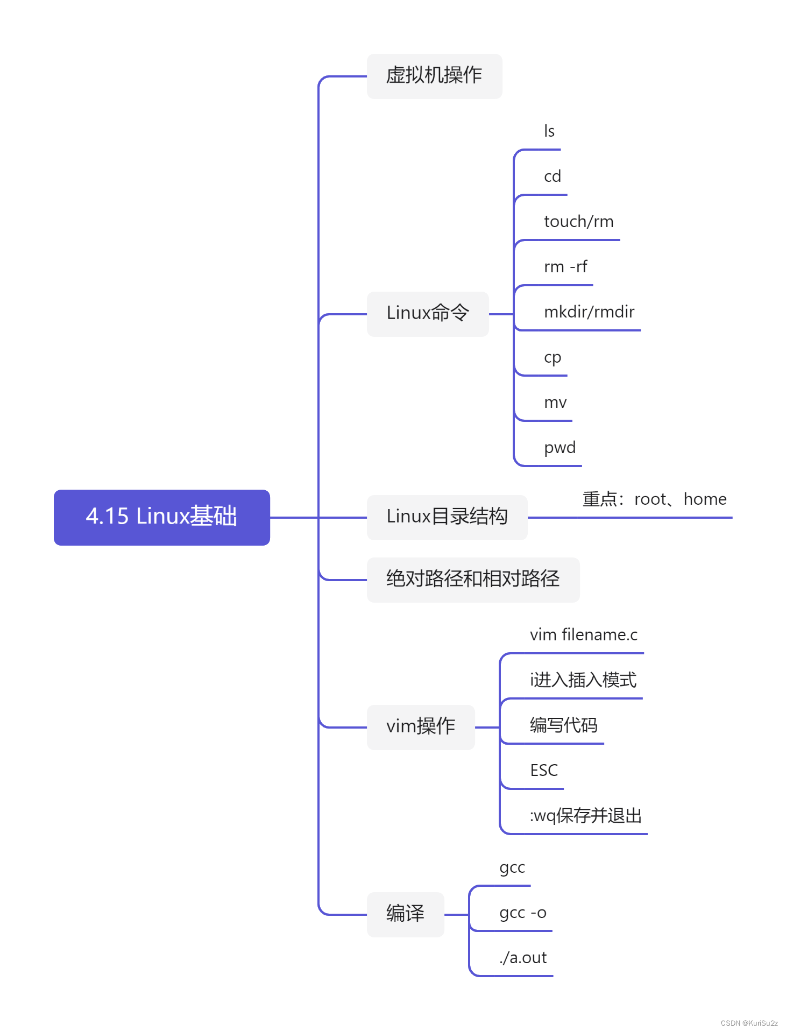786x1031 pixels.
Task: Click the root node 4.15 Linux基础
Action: [x=161, y=517]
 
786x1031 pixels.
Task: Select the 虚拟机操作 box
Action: [x=434, y=76]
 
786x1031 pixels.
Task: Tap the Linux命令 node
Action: [x=428, y=314]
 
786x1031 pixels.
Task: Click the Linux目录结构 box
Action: [x=447, y=517]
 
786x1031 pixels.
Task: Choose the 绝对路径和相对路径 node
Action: [x=472, y=580]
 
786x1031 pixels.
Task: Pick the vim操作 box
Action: [x=421, y=727]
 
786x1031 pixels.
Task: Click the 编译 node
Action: [x=405, y=914]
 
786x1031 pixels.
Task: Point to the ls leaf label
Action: [x=549, y=131]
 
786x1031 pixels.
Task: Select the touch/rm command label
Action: [x=578, y=222]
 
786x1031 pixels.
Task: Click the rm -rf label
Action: [x=565, y=267]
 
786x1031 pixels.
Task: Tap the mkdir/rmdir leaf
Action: [x=589, y=312]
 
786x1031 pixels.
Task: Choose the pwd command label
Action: [x=560, y=448]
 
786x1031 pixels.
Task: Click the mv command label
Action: [x=555, y=402]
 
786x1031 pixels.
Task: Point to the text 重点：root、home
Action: [x=654, y=499]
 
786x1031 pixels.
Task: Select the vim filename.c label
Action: [x=583, y=635]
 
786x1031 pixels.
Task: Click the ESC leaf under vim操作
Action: [x=544, y=771]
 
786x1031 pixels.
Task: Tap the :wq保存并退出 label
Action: [x=585, y=816]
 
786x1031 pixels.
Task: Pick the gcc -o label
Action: [x=522, y=913]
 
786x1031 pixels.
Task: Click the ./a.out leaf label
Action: [x=522, y=958]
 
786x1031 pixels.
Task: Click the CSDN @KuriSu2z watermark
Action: [x=749, y=1023]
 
